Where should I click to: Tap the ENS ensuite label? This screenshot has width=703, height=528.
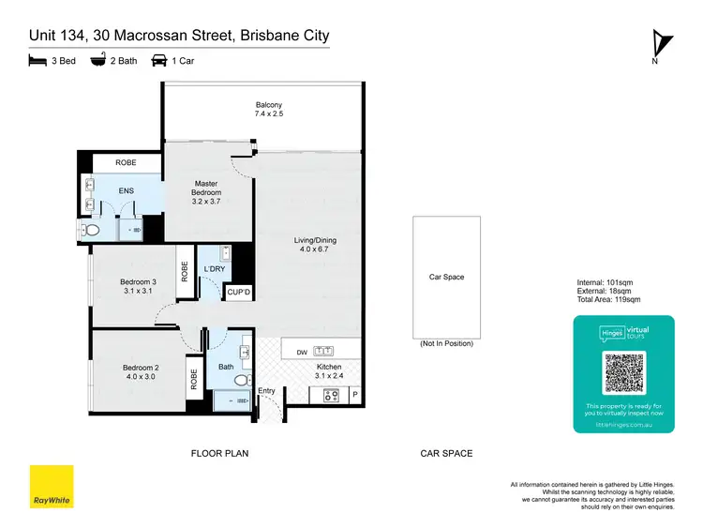tap(126, 191)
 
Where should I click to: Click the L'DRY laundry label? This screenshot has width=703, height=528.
tap(215, 270)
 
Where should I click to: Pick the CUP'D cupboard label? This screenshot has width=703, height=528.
tap(239, 294)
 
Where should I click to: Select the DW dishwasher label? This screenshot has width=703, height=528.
tap(301, 352)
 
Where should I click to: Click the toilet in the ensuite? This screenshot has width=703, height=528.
tap(92, 230)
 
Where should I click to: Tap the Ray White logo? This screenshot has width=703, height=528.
tap(52, 487)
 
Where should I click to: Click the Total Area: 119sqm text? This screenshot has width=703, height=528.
tap(608, 300)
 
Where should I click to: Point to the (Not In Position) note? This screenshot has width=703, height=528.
tap(446, 344)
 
